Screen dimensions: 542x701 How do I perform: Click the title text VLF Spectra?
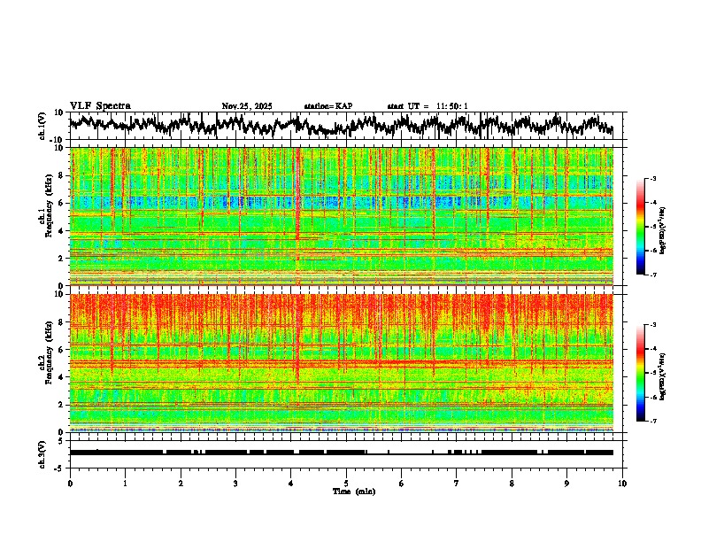pos(100,106)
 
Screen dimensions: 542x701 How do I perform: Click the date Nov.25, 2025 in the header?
pos(247,106)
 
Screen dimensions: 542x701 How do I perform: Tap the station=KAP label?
pos(328,106)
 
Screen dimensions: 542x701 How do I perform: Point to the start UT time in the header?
pos(428,106)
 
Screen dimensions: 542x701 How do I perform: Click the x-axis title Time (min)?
pos(353,491)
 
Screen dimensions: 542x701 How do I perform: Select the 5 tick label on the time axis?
pos(346,483)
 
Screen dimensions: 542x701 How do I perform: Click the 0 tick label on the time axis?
pos(70,483)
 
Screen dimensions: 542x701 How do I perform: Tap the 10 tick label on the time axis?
pos(622,483)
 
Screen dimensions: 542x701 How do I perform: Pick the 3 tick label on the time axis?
pos(235,483)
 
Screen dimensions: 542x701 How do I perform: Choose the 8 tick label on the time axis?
pos(512,483)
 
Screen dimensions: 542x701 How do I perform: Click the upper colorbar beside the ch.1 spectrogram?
pos(647,227)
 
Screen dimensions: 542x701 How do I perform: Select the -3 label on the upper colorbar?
pos(653,179)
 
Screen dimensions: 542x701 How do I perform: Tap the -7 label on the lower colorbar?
pos(653,422)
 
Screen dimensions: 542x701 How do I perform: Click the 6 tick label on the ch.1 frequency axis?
pos(63,204)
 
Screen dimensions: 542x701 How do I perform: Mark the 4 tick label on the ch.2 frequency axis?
pos(63,377)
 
